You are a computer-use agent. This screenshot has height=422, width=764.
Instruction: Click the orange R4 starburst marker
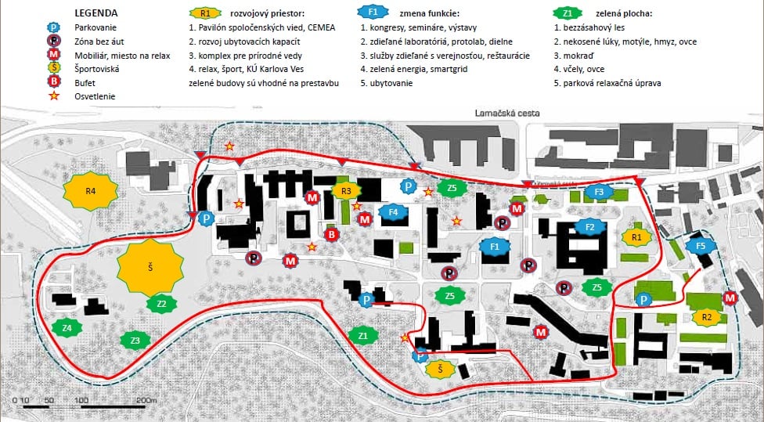[90, 192]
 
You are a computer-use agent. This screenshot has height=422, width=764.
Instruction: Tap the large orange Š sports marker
[150, 267]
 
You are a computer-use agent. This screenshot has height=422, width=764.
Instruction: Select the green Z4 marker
[67, 327]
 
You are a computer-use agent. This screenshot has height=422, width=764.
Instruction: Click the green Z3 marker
[135, 341]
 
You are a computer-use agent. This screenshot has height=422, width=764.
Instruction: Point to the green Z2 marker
[161, 304]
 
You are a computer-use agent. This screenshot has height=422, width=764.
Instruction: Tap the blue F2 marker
[589, 227]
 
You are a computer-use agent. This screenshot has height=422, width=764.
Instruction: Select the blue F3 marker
[599, 192]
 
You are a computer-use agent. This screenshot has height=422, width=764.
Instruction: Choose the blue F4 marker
[393, 211]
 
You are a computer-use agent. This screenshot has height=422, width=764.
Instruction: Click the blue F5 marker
[700, 246]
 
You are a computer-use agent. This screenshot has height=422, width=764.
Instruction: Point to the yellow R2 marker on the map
[706, 317]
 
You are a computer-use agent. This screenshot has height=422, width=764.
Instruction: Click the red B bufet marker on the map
[331, 234]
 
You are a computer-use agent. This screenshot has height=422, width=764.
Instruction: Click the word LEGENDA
[96, 13]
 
